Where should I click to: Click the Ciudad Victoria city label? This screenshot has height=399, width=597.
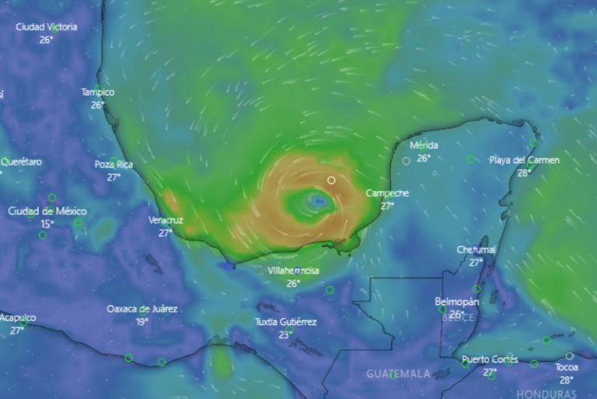47,26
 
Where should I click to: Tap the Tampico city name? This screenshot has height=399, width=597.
98,92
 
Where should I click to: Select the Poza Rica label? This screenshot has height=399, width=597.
114,165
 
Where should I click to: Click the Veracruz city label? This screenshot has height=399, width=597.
166,220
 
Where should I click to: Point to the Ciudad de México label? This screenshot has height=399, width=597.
47,211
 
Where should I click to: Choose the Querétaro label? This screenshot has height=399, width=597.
21,161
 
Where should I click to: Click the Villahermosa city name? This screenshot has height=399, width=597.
293,271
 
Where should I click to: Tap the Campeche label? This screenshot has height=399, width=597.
387,193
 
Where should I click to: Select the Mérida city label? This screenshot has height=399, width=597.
424,145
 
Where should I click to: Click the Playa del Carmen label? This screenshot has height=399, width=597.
525,160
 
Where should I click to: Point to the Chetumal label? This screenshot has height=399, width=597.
477,250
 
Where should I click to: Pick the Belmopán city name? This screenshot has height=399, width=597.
456,302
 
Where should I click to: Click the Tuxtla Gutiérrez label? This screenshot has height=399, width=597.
286,321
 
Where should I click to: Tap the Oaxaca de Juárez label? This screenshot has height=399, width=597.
142,309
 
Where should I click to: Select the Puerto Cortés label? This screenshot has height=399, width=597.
490,359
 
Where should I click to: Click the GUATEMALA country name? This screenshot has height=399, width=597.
398,373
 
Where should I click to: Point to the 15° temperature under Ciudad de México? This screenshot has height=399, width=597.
47,224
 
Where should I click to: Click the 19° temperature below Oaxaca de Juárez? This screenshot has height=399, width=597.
142,321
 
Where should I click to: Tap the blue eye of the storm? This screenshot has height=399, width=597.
317,203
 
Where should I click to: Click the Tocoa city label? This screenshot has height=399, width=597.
567,367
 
